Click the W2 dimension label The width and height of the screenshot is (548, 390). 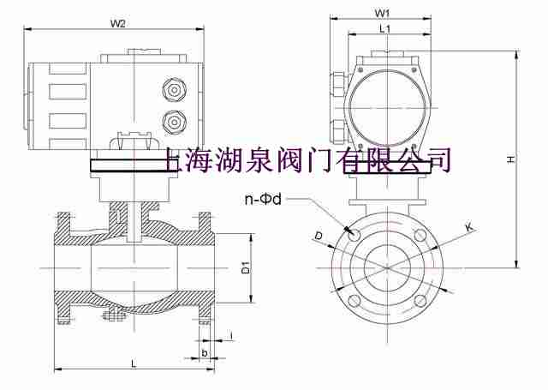pyautogui.click(x=119, y=23)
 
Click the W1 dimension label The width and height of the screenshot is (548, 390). pyautogui.click(x=383, y=13)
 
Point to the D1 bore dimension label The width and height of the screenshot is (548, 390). pyautogui.click(x=245, y=268)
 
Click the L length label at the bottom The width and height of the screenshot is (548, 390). pyautogui.click(x=134, y=363)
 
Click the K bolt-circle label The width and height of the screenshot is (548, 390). pyautogui.click(x=469, y=226)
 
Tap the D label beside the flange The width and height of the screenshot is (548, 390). pyautogui.click(x=319, y=234)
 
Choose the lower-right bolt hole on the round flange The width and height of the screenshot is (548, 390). pyautogui.click(x=420, y=301)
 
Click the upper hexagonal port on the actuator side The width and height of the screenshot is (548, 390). pyautogui.click(x=170, y=90)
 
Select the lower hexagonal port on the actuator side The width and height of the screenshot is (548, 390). pyautogui.click(x=170, y=119)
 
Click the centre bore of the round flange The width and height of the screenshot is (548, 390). pyautogui.click(x=386, y=267)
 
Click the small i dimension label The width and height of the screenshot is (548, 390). pyautogui.click(x=231, y=335)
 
